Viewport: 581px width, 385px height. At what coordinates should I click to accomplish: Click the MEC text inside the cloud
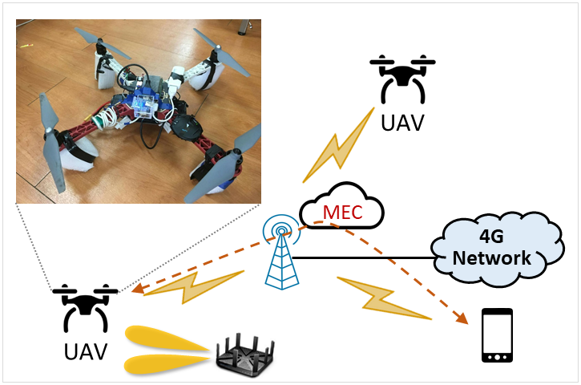342,213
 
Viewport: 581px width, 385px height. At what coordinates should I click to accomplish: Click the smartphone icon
497,336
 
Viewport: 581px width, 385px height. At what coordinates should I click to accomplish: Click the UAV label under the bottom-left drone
85,351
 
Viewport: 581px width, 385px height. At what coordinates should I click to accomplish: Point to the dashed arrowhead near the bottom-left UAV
138,290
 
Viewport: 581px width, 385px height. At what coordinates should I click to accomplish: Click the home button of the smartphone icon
497,356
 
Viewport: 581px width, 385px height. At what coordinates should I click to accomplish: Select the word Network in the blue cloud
492,258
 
